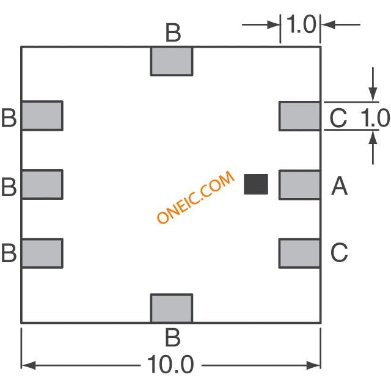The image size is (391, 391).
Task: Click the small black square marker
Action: pyautogui.click(x=256, y=185)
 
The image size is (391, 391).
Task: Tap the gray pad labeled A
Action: pyautogui.click(x=300, y=185)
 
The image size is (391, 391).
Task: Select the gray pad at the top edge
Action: pyautogui.click(x=172, y=61)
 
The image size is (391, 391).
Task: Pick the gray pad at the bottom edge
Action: pyautogui.click(x=172, y=308)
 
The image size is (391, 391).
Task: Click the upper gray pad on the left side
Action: pyautogui.click(x=42, y=115)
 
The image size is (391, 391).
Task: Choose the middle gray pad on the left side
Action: pyautogui.click(x=42, y=185)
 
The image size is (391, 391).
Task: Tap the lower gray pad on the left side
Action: pyautogui.click(x=42, y=254)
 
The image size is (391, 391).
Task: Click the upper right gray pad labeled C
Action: pyautogui.click(x=300, y=116)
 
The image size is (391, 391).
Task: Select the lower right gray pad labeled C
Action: pyautogui.click(x=300, y=254)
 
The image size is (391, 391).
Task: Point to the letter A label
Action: pyautogui.click(x=340, y=186)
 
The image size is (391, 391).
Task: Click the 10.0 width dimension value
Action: pyautogui.click(x=170, y=364)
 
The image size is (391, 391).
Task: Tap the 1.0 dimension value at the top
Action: pyautogui.click(x=301, y=24)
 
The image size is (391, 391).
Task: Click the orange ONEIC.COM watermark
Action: pyautogui.click(x=195, y=197)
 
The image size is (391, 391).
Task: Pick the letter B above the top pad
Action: pyautogui.click(x=173, y=33)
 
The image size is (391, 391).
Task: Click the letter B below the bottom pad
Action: pyautogui.click(x=172, y=337)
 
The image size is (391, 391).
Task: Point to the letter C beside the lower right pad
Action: pyautogui.click(x=339, y=252)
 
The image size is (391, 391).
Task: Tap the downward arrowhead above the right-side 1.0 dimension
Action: pyautogui.click(x=373, y=95)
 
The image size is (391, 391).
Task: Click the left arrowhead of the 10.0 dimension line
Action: pyautogui.click(x=29, y=365)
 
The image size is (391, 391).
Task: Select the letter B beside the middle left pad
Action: pyautogui.click(x=9, y=186)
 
